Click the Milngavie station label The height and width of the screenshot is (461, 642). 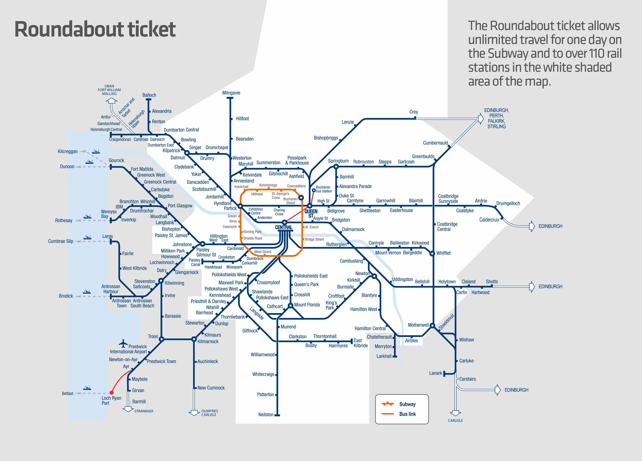231,93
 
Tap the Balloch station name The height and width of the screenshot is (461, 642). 149,95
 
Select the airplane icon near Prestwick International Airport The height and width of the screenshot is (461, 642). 123,343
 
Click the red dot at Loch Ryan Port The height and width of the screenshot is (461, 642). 111,393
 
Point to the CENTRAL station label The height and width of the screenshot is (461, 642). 283,227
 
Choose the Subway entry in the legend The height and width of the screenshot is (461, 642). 407,404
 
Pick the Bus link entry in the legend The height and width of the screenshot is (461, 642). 407,414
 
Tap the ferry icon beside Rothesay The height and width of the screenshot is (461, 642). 87,217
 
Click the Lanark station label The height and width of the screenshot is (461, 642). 435,373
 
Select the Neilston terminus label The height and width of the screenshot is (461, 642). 266,415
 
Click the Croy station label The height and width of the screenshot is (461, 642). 413,112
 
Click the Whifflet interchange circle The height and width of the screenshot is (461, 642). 432,254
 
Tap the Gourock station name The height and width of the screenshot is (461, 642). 116,160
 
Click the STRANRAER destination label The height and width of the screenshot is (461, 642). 144,411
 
